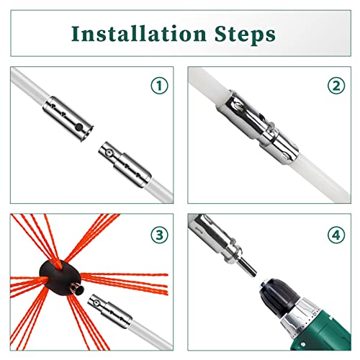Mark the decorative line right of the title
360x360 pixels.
pyautogui.click(x=317, y=33)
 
